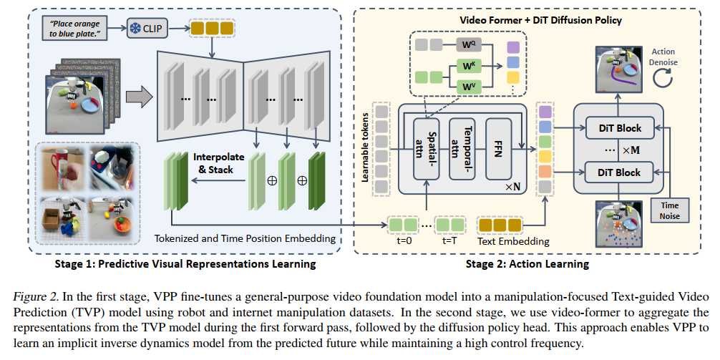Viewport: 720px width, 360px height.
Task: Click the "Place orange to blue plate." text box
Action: (x=74, y=28)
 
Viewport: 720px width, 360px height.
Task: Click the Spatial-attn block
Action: (x=427, y=149)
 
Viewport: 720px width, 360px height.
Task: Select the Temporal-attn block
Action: (x=462, y=149)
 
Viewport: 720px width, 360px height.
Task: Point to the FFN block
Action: (x=497, y=149)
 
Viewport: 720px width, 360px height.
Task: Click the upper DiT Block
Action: (x=619, y=129)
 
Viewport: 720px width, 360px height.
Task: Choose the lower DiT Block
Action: (x=619, y=173)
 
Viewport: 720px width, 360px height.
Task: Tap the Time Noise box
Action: (x=670, y=210)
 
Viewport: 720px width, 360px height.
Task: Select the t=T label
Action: (x=450, y=241)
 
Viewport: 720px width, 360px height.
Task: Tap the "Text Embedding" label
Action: (x=513, y=241)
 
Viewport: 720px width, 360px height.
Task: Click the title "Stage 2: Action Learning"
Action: (x=527, y=263)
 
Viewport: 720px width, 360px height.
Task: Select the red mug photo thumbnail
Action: (x=62, y=167)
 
